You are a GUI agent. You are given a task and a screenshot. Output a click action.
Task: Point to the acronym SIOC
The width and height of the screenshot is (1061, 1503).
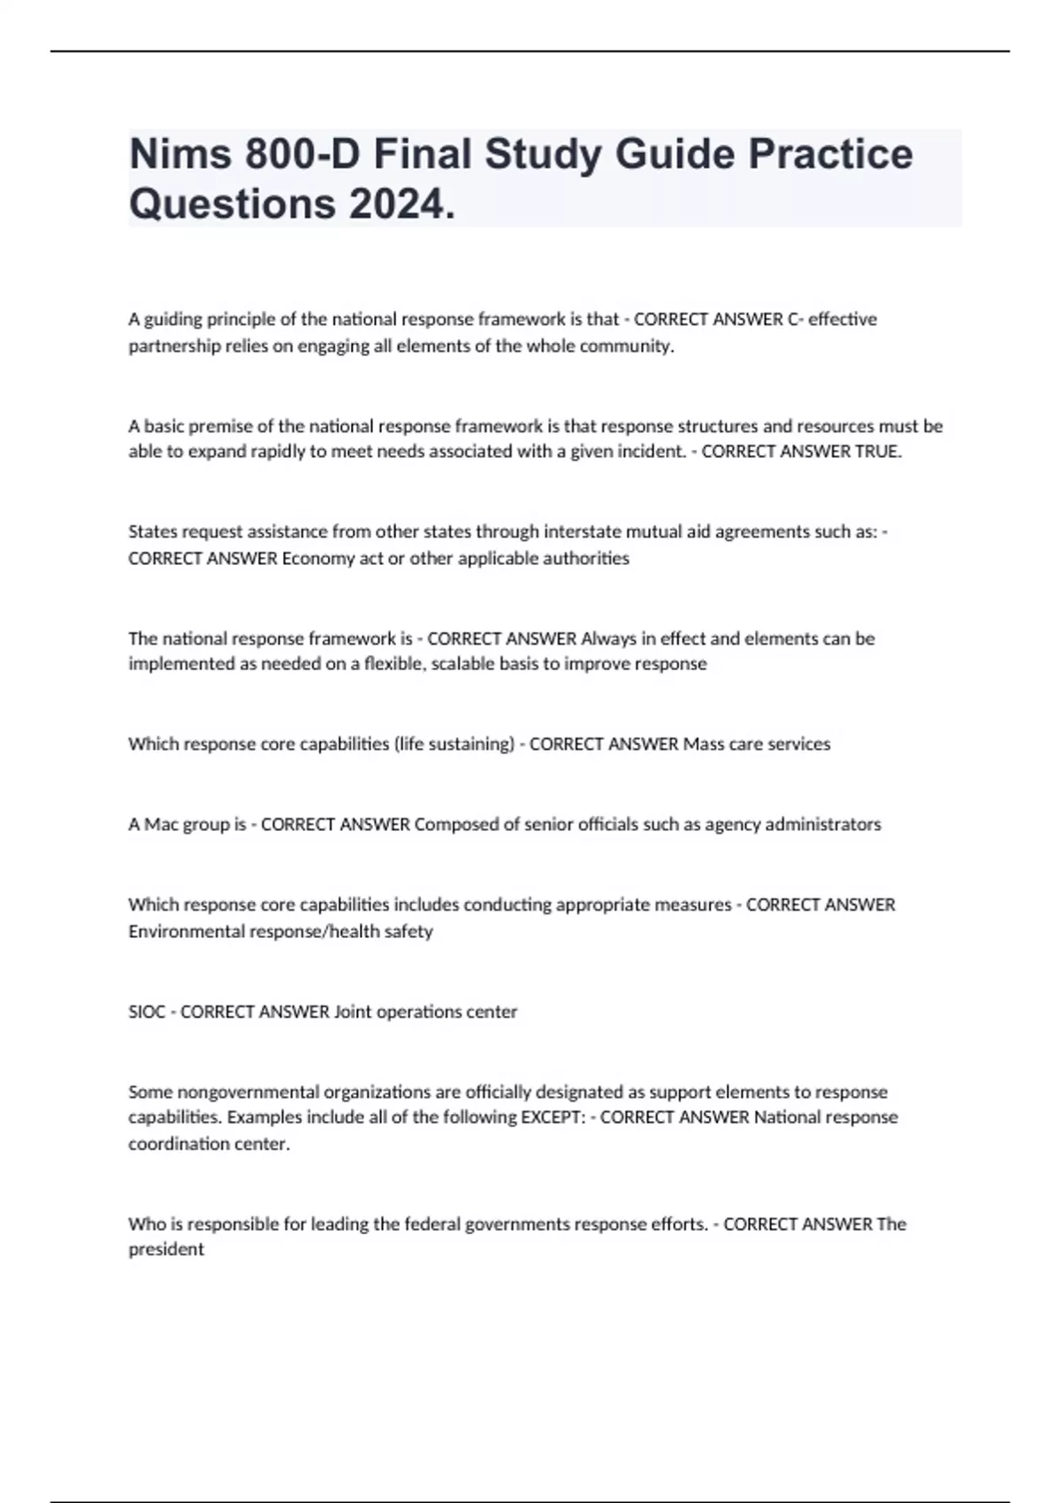tap(147, 1011)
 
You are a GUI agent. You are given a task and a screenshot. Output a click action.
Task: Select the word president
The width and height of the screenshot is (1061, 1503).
tap(166, 1249)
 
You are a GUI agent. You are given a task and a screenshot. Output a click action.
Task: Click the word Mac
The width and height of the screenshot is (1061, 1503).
tap(162, 824)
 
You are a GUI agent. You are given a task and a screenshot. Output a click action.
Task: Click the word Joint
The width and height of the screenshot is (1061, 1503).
tap(353, 1011)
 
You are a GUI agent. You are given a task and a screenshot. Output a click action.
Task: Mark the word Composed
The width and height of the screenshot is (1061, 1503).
tap(456, 824)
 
